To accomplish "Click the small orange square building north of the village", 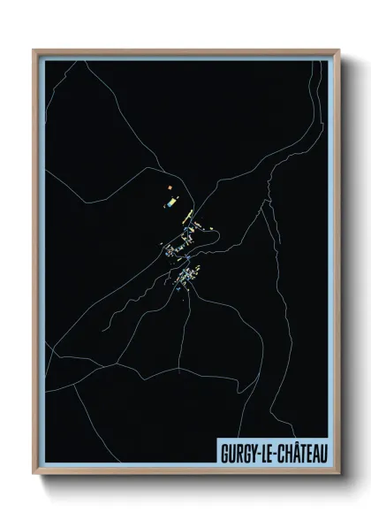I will (x=168, y=187).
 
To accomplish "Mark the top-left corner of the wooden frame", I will (x=34, y=50).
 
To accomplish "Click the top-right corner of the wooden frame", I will (x=338, y=50).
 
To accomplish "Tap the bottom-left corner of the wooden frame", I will (x=34, y=475).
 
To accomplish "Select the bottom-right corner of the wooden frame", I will (x=338, y=475).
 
